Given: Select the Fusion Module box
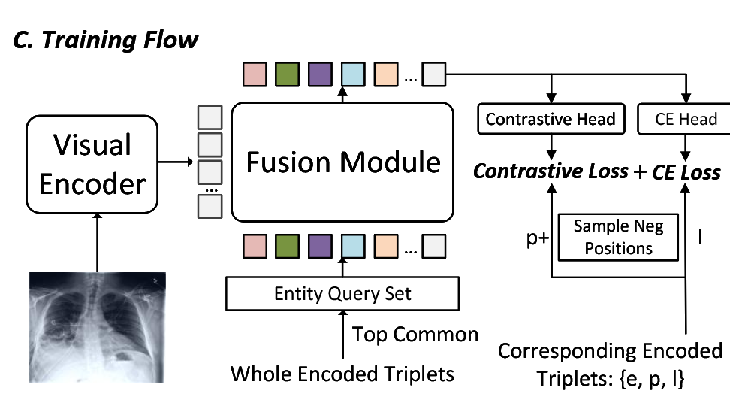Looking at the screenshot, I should click(x=343, y=161).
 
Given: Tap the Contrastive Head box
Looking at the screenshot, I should click(x=551, y=118).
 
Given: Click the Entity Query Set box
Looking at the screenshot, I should click(x=342, y=293).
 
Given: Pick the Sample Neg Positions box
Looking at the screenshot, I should click(x=618, y=236).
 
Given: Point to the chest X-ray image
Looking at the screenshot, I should click(x=96, y=327).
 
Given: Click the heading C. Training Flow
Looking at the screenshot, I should click(x=106, y=39).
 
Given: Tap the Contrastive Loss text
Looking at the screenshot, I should click(x=550, y=171).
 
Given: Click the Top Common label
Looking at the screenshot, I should click(x=415, y=334).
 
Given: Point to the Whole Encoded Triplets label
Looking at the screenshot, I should click(x=342, y=373).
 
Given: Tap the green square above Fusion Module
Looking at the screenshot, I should click(x=288, y=74).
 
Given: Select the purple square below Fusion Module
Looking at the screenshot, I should click(x=320, y=246).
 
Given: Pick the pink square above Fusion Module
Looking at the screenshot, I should click(x=255, y=74).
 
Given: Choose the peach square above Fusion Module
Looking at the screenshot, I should click(x=385, y=74).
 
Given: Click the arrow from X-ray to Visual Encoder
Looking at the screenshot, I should click(x=96, y=240).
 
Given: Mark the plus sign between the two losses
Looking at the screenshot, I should click(x=640, y=172).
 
